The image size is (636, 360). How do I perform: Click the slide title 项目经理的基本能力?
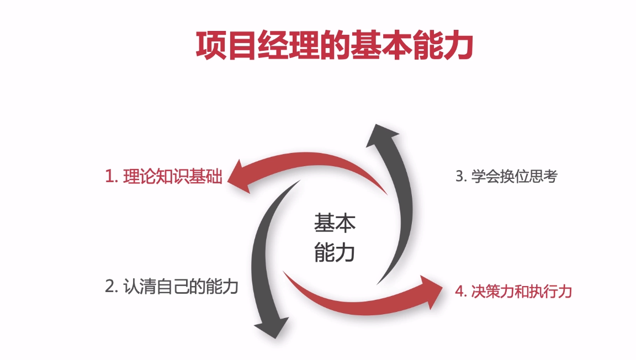tap(335, 45)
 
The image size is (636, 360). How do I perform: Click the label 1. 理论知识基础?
tap(163, 177)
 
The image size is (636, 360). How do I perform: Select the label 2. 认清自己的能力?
tap(171, 287)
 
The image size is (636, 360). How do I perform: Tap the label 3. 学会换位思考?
tap(506, 177)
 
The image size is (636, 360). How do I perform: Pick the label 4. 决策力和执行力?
tap(513, 291)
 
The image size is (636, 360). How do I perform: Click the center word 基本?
tap(335, 223)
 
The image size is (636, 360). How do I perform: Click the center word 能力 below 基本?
tap(335, 252)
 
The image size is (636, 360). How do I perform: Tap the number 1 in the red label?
tap(109, 177)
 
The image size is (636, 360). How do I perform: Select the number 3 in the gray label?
tap(459, 177)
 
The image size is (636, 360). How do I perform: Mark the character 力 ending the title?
tap(459, 45)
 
